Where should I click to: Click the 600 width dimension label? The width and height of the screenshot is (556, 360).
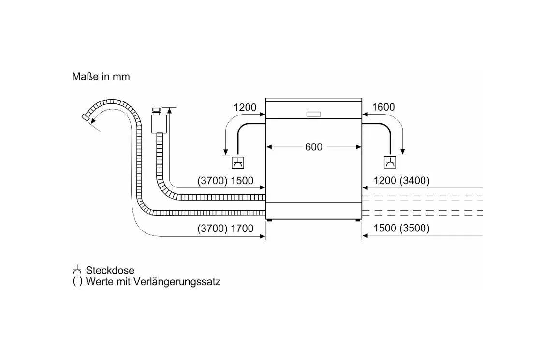313,147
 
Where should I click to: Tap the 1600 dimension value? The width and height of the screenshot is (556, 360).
383,107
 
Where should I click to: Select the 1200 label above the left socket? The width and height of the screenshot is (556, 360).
245,107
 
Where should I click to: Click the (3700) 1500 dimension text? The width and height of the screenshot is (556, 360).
225,181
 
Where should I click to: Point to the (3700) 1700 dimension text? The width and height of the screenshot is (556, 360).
225,229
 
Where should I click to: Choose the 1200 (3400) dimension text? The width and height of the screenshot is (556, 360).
401,181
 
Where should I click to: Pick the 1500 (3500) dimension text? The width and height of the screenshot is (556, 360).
401,228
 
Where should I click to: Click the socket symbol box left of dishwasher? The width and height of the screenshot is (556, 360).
237,163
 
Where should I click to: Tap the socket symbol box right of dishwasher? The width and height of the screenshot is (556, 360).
390,162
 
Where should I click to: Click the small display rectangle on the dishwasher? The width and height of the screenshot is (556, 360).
313,114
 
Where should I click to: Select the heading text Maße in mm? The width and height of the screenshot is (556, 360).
101,76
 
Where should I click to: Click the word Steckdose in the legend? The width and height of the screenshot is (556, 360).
110,270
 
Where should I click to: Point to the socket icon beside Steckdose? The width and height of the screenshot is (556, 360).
77,270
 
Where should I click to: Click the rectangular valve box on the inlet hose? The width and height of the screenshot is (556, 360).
159,124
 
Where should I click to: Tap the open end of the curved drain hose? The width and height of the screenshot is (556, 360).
85,117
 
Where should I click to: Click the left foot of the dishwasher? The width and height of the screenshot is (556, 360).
270,220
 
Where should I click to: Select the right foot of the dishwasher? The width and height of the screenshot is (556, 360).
357,220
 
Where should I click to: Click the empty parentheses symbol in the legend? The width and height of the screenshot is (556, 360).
77,282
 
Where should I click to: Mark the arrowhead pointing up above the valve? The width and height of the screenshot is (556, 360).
170,111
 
